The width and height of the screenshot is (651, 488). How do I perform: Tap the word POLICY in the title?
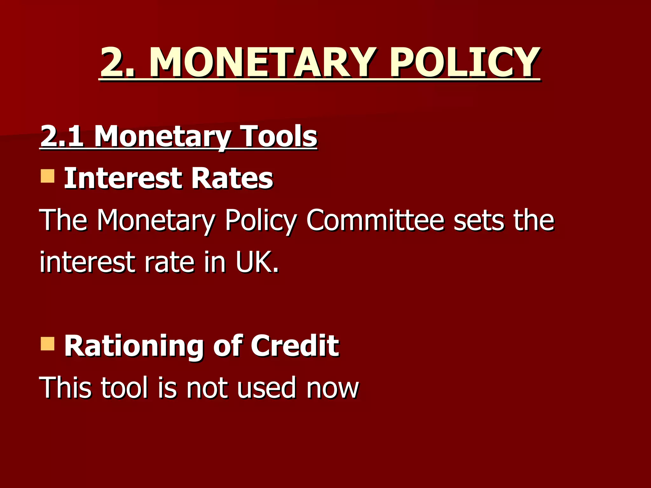(x=464, y=62)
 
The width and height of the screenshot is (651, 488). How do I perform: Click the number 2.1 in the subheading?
(x=62, y=136)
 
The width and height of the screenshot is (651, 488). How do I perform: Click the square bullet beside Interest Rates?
(x=48, y=176)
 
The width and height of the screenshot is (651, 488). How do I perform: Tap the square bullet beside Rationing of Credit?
(x=48, y=344)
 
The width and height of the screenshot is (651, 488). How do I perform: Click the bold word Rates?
(x=232, y=179)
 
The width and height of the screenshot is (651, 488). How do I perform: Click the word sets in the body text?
(x=479, y=220)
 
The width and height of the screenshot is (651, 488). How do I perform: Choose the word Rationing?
(x=134, y=346)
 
